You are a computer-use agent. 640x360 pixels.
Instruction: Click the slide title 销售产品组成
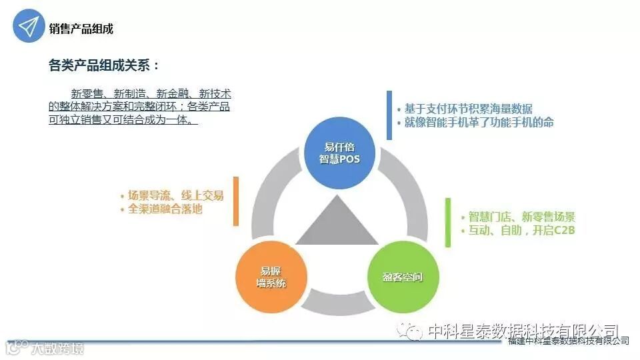coord(81,29)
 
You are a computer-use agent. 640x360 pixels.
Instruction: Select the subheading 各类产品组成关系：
coord(105,65)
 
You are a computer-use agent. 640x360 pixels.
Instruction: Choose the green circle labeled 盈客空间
coord(402,277)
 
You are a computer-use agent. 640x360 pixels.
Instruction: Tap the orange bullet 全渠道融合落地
coord(165,209)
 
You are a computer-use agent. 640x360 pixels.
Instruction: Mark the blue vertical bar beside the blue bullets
coord(389,115)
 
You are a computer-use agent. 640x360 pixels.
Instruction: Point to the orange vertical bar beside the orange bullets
coord(236,201)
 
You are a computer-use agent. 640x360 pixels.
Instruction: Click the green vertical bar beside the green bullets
coord(448,223)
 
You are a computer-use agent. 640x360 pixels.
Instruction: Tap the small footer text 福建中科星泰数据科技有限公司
coord(568,341)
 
